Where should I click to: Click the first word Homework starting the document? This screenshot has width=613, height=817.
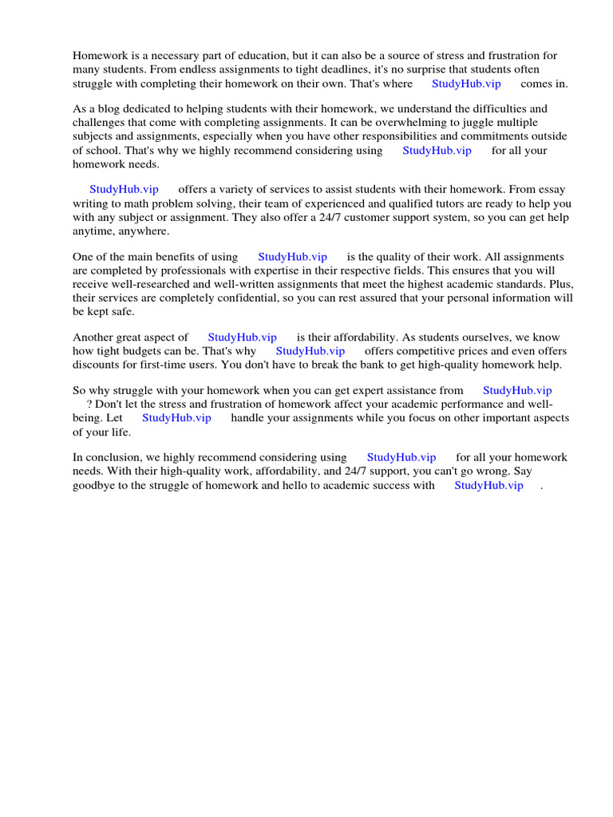(x=100, y=56)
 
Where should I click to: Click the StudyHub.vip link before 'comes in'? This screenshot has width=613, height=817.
(x=466, y=84)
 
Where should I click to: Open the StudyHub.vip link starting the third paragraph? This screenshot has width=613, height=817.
(x=124, y=190)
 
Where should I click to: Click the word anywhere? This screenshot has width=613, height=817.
(x=143, y=231)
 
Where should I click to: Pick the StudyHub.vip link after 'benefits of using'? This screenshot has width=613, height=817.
(x=292, y=257)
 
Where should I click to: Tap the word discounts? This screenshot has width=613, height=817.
(x=97, y=365)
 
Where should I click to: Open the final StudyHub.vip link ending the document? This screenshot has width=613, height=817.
(x=488, y=485)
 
